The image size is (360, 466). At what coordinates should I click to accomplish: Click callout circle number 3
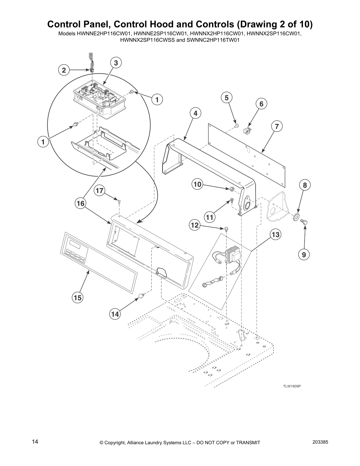(116, 63)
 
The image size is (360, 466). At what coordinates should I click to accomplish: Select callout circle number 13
(275, 235)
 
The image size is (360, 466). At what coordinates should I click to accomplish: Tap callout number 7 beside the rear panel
(276, 127)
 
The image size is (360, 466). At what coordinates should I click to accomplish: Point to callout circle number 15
(77, 298)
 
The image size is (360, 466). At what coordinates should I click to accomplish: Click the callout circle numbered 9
(304, 254)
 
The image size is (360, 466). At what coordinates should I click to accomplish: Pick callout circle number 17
(100, 191)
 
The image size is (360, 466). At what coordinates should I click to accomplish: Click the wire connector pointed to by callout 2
(92, 71)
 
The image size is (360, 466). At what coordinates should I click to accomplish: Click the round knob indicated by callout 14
(142, 296)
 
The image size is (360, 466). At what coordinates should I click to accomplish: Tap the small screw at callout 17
(119, 202)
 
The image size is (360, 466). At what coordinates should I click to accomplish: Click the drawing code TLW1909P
(292, 386)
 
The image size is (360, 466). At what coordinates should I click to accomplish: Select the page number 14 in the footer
(35, 442)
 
